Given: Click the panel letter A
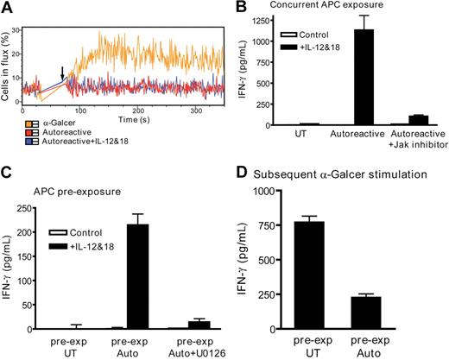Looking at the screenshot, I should point(7,7).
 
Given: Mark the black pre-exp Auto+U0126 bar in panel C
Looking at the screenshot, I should point(205,325).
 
